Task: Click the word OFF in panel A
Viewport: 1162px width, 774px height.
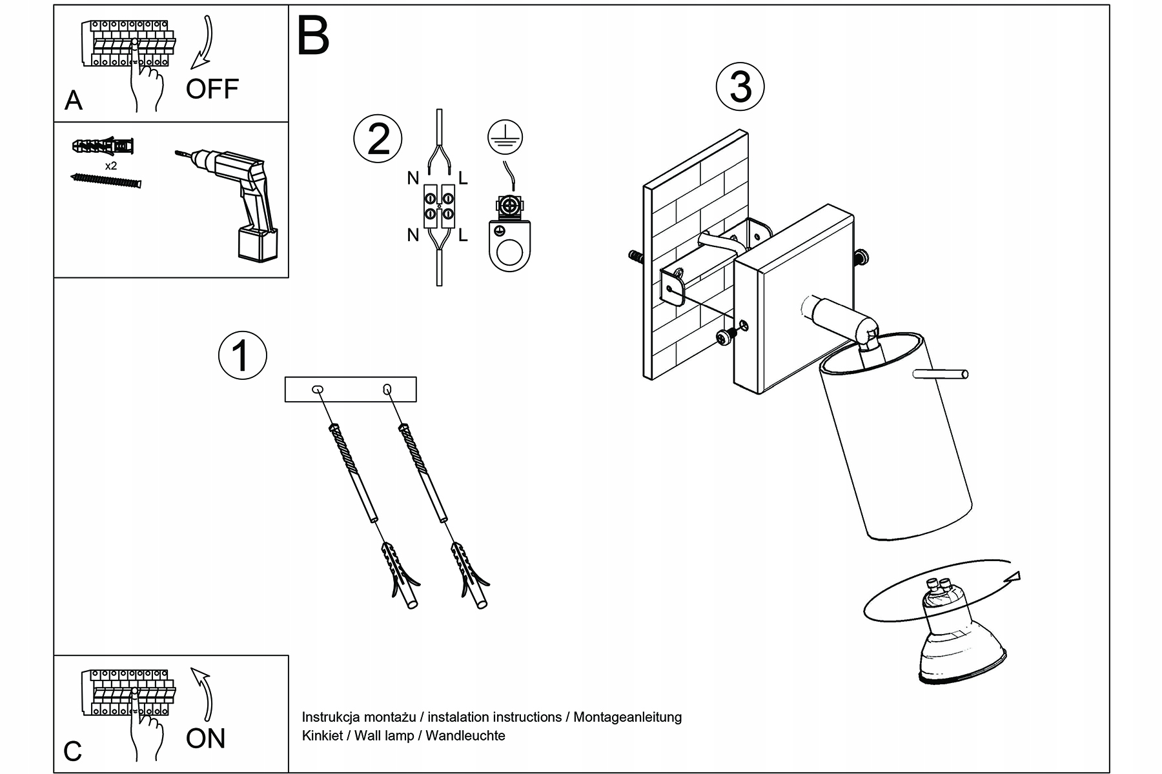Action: click(212, 89)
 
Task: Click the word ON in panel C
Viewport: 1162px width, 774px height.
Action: click(206, 739)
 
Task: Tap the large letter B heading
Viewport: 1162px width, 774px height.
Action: click(313, 36)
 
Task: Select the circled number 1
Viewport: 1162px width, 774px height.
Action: click(243, 355)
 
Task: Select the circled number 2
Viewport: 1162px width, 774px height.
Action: click(378, 139)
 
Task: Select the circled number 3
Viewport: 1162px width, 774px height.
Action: click(740, 87)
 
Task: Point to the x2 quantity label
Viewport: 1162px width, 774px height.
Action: click(111, 166)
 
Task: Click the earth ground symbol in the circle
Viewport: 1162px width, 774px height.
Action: click(505, 137)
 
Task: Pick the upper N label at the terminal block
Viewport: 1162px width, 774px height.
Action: click(413, 179)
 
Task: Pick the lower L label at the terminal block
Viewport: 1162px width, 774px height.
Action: click(463, 236)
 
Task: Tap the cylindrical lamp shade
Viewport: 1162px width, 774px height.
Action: click(897, 445)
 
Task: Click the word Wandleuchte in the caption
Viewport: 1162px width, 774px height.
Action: click(465, 735)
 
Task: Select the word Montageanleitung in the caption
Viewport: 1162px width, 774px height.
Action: click(627, 717)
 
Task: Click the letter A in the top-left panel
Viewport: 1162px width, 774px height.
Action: click(74, 101)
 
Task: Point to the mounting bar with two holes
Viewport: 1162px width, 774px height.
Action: click(351, 390)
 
